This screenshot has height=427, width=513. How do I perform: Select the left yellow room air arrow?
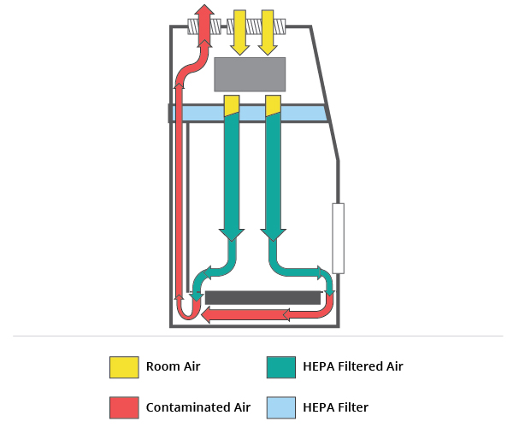click(x=238, y=30)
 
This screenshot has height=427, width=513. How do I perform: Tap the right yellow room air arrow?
click(x=268, y=30)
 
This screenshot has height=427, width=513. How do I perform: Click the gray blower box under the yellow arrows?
click(x=249, y=74)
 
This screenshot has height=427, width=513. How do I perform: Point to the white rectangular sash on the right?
click(x=338, y=238)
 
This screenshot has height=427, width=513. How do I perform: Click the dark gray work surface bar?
click(x=262, y=297)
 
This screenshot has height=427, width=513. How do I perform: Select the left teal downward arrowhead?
click(x=231, y=232)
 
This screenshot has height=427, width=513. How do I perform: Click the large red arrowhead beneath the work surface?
click(x=209, y=315)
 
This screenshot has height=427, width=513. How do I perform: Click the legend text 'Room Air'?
click(x=173, y=366)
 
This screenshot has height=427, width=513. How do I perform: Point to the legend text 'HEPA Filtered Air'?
click(x=352, y=366)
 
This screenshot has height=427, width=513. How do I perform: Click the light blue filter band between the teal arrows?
click(x=252, y=113)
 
